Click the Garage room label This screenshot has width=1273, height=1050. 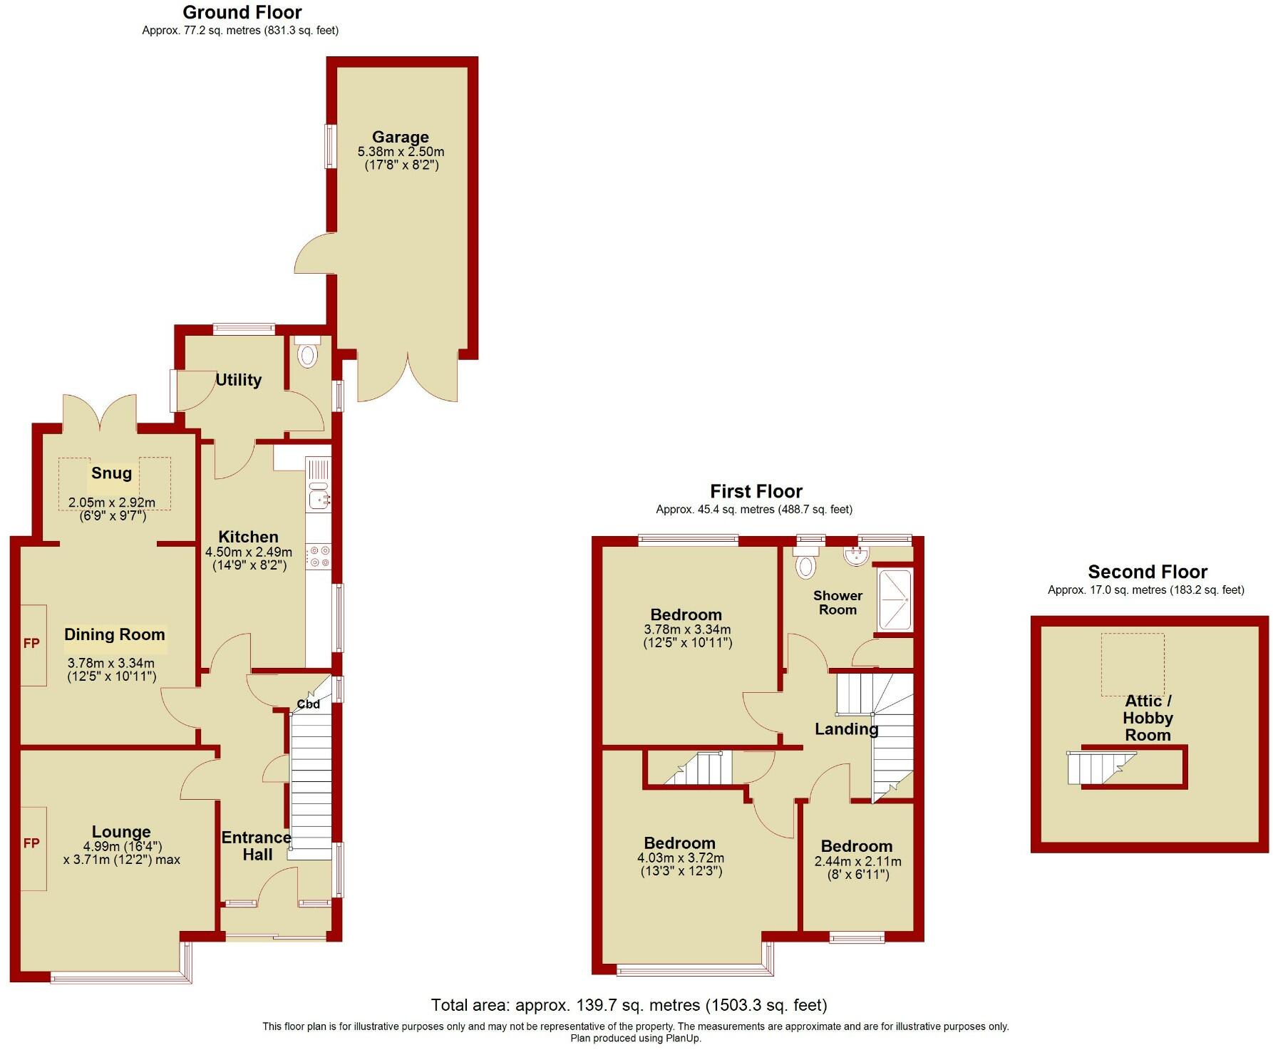400,137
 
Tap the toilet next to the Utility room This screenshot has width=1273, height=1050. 307,354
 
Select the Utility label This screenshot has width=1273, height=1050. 238,380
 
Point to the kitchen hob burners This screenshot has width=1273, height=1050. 319,557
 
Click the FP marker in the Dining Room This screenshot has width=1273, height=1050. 31,644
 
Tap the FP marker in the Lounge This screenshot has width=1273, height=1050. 31,843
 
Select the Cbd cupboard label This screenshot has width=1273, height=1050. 308,704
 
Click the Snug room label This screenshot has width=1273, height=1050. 111,473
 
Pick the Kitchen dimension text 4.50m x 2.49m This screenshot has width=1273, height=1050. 249,552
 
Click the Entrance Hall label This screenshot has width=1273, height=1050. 257,846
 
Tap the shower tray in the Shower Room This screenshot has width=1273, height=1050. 894,600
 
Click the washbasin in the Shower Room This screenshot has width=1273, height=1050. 855,555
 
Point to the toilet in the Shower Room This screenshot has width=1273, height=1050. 806,565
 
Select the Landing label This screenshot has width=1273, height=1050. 846,729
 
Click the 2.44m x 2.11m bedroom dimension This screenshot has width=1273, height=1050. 857,862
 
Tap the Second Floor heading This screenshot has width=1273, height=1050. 1147,572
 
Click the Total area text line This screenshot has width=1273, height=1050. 629,1005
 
